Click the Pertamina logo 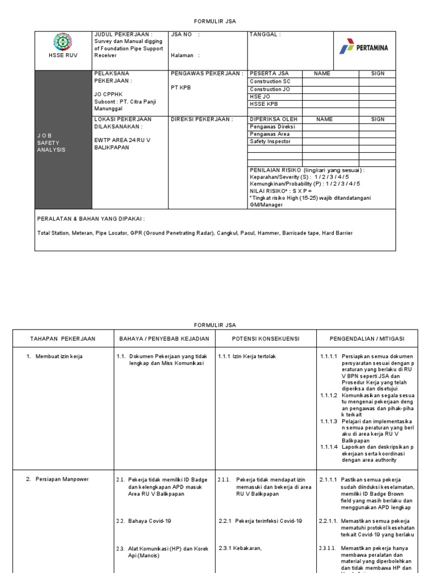(x=363, y=48)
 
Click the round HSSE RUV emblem (x=63, y=43)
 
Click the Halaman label (x=185, y=55)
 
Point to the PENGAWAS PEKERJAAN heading (x=207, y=73)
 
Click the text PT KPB (x=181, y=88)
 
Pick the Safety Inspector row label (x=270, y=142)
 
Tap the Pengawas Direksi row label (x=272, y=126)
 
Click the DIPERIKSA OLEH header (x=273, y=119)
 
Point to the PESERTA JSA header (x=269, y=73)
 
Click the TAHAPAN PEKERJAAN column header (x=62, y=339)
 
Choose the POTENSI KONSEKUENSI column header (x=265, y=339)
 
